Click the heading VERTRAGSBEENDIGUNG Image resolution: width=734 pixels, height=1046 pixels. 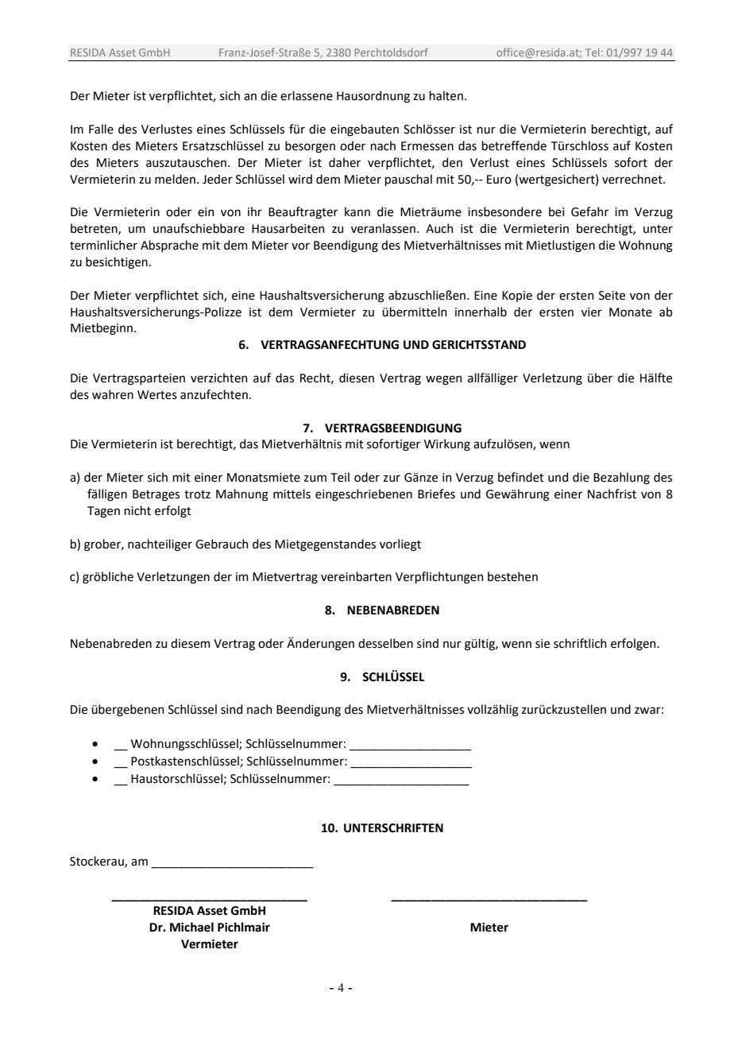pos(393,428)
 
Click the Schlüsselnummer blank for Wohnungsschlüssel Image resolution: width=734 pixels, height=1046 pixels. pos(410,746)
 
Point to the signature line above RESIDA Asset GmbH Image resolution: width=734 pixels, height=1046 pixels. pos(209,899)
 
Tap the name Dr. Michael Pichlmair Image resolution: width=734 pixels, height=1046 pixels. pos(209,928)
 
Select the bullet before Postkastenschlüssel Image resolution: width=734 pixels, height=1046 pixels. pos(96,761)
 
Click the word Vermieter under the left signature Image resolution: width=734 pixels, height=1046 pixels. pos(209,944)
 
